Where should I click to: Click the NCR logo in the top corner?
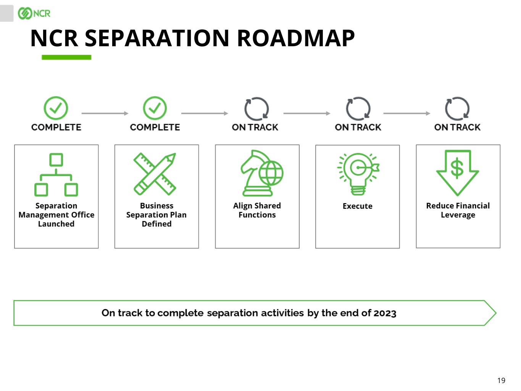34,13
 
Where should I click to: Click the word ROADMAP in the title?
296,38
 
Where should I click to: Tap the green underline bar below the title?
66,57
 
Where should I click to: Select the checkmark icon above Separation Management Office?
56,108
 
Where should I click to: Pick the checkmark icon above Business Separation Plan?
155,108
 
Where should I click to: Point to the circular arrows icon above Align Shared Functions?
256,109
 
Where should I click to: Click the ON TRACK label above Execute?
358,127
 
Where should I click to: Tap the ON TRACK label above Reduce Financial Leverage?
457,127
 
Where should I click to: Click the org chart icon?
56,174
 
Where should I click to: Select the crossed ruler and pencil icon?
155,174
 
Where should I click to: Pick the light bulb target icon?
358,174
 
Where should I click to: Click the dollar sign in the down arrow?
457,168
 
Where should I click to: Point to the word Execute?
357,206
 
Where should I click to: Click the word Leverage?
458,215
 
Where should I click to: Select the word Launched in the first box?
56,224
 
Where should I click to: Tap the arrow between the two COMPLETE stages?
105,113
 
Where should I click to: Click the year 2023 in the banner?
385,313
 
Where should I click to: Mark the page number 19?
501,380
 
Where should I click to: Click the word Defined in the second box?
156,224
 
